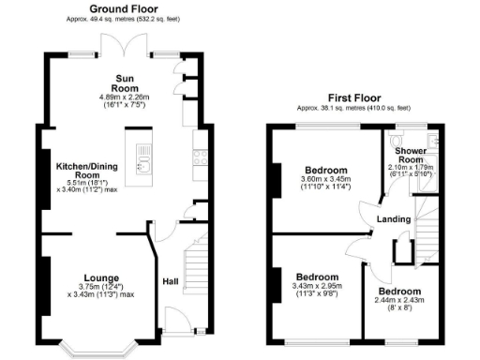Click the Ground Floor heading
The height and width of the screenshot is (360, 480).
[x=123, y=7]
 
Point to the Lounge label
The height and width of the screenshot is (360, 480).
[x=100, y=277]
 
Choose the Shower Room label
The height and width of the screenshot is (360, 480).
[x=412, y=156]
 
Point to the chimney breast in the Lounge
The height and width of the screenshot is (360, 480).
[x=44, y=281]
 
